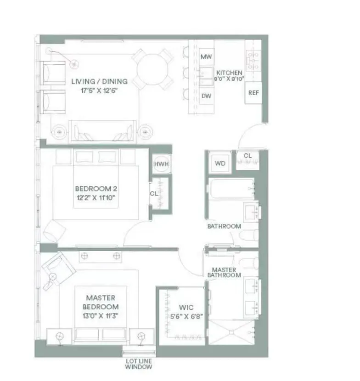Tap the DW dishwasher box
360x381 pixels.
[x=206, y=96]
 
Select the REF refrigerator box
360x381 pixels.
[x=253, y=93]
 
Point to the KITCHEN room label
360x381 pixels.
[x=230, y=73]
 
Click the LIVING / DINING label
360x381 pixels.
[x=99, y=82]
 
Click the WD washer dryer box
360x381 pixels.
[x=220, y=164]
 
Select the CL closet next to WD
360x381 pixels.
[x=247, y=156]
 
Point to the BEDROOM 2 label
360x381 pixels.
[x=93, y=189]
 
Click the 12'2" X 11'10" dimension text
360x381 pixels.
[x=93, y=198]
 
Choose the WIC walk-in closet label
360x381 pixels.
[x=186, y=307]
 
